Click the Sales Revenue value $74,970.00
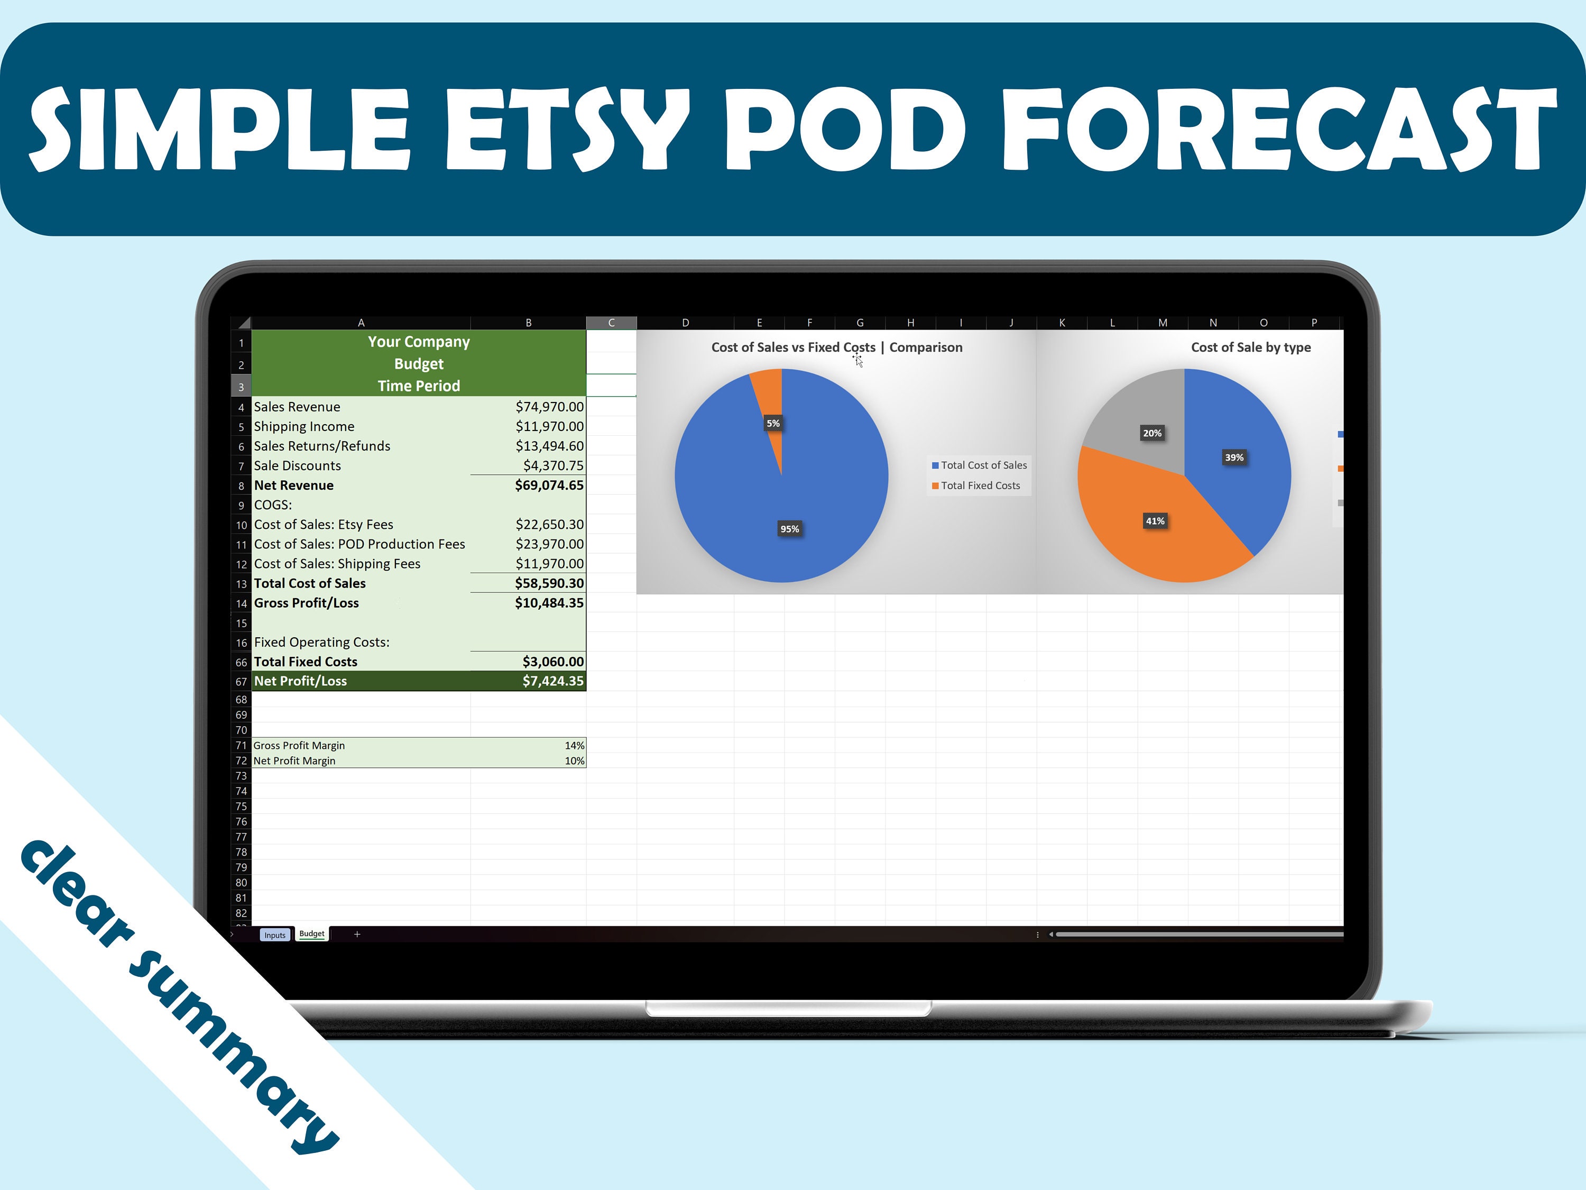click(x=549, y=407)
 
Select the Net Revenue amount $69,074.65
click(x=549, y=486)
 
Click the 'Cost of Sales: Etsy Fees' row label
click(x=324, y=524)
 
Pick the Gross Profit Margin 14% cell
click(x=574, y=745)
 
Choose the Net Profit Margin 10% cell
click(x=574, y=761)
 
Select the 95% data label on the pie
click(x=789, y=529)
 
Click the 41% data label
click(x=1155, y=521)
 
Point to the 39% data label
click(x=1234, y=457)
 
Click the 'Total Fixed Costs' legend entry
click(x=980, y=486)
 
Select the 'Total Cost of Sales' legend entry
click(x=983, y=465)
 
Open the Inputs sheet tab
click(x=274, y=935)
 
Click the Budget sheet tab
click(x=312, y=934)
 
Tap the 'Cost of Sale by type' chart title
click(x=1250, y=347)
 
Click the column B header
click(x=529, y=323)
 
